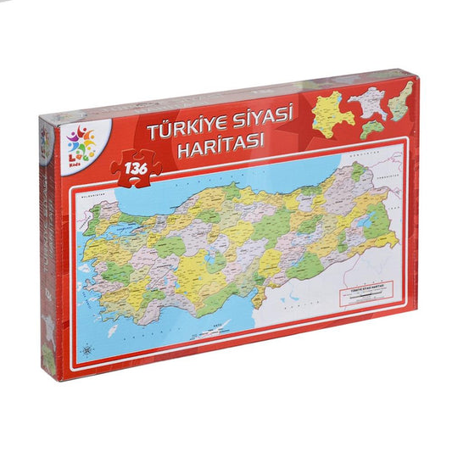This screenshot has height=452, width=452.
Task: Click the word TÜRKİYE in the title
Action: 183,131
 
